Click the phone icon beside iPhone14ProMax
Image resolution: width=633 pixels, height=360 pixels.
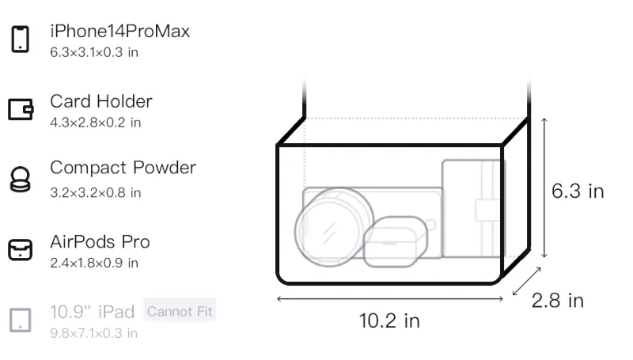click(x=21, y=39)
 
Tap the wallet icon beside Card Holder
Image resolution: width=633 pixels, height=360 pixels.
click(x=21, y=109)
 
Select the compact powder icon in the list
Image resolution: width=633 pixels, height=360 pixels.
click(x=20, y=179)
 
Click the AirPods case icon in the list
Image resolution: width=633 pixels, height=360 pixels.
click(x=21, y=249)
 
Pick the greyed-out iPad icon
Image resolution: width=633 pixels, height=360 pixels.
click(x=21, y=320)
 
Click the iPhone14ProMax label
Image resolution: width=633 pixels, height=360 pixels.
click(x=120, y=31)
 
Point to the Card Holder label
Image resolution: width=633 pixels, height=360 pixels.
click(x=101, y=101)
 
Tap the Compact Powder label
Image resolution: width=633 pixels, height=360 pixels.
click(x=123, y=168)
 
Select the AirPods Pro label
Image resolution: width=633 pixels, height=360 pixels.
click(x=100, y=242)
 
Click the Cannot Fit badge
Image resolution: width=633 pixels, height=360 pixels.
click(x=180, y=311)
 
